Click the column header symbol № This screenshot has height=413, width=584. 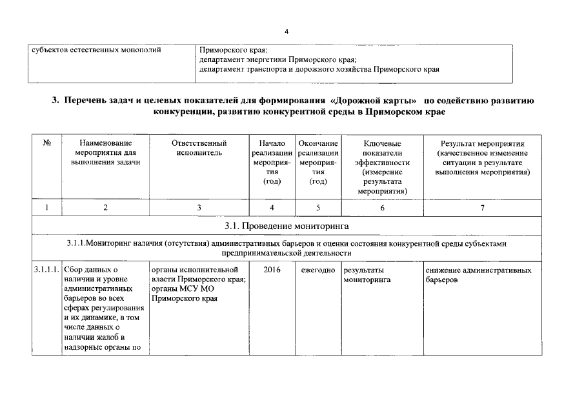tap(47, 143)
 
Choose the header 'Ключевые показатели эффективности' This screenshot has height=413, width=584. tap(382, 166)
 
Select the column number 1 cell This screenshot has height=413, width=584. tap(47, 208)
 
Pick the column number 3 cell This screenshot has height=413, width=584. tap(199, 208)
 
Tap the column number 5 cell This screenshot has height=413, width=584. tap(317, 208)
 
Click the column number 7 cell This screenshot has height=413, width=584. tap(482, 208)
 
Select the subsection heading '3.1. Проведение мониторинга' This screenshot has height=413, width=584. tap(287, 226)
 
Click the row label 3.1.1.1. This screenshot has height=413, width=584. tap(47, 270)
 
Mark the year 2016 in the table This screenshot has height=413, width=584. tap(272, 270)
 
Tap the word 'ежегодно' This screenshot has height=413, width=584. tap(317, 270)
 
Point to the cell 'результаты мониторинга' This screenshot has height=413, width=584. tap(368, 276)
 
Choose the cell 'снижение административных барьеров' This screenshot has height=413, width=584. tap(478, 276)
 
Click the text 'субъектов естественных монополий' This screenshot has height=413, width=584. tap(96, 50)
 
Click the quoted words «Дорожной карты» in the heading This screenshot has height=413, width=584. tap(371, 101)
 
